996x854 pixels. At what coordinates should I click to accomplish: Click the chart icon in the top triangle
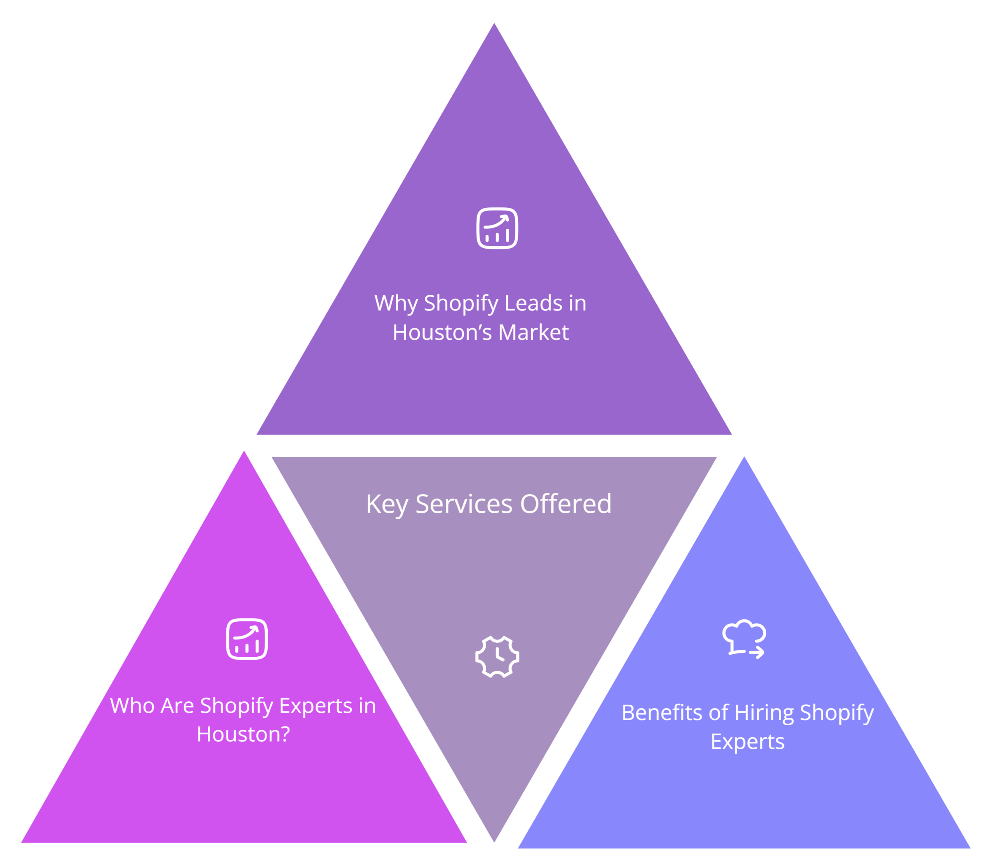pos(497,228)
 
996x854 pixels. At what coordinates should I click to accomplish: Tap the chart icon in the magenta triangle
pos(247,639)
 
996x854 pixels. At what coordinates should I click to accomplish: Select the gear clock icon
pos(497,656)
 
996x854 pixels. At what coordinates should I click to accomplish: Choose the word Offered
pos(565,504)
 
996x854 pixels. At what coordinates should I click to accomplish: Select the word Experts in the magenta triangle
pos(316,706)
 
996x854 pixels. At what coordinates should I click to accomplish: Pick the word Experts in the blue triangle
pos(747,742)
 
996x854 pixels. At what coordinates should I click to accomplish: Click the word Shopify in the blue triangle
pos(837,713)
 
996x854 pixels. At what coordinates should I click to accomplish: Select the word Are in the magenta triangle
pos(177,706)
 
